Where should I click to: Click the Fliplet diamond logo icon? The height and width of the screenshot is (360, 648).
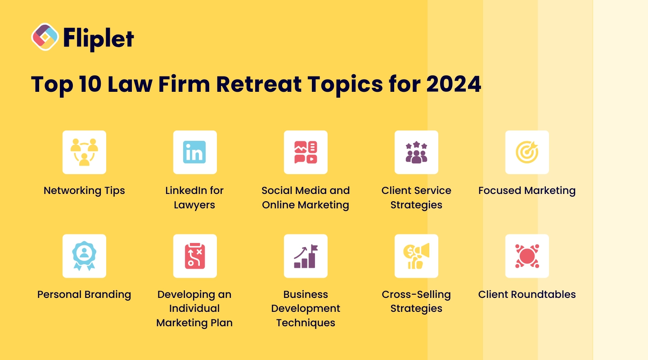click(x=45, y=37)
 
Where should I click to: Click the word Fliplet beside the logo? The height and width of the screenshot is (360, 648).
click(x=99, y=39)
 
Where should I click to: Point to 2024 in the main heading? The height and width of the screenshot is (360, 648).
click(x=454, y=84)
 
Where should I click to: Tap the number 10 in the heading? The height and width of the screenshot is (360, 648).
click(x=90, y=84)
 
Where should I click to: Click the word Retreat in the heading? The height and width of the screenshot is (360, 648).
click(x=259, y=84)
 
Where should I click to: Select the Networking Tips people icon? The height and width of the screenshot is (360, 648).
click(x=84, y=152)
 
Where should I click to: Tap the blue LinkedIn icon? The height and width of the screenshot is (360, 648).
click(x=195, y=152)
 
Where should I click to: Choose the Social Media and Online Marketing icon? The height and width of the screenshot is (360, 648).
click(x=306, y=152)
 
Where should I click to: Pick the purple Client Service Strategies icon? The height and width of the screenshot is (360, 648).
click(x=416, y=152)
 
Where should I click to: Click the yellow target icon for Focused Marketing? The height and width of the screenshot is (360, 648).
click(x=527, y=152)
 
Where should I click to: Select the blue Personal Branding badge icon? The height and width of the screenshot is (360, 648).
click(x=84, y=256)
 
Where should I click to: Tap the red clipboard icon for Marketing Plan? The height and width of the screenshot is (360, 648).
click(x=195, y=256)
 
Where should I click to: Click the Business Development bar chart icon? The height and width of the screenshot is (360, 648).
click(x=306, y=256)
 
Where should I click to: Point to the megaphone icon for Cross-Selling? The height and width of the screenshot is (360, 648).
click(x=416, y=256)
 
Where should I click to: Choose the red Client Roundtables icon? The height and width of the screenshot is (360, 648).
click(x=527, y=256)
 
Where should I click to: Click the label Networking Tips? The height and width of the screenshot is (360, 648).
click(x=84, y=191)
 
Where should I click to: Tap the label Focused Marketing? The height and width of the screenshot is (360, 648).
click(x=527, y=191)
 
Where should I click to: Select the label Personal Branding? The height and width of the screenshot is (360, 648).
click(x=84, y=295)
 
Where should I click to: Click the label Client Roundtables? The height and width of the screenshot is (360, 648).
click(x=527, y=294)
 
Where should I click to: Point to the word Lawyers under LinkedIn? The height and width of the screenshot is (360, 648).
click(x=194, y=205)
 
